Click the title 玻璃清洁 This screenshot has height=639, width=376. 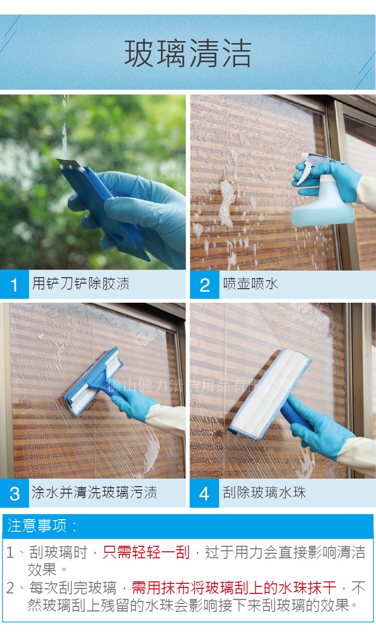pyautogui.click(x=188, y=55)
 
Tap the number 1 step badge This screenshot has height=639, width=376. pyautogui.click(x=14, y=285)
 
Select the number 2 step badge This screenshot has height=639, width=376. pyautogui.click(x=205, y=285)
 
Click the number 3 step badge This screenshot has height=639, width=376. pyautogui.click(x=14, y=493)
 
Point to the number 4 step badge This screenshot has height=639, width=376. pyautogui.click(x=205, y=493)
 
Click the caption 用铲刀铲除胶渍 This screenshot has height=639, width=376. pyautogui.click(x=81, y=284)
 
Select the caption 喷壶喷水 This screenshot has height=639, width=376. pyautogui.click(x=250, y=284)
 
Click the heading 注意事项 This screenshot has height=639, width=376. pyautogui.click(x=43, y=526)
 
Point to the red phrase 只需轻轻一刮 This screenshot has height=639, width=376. pyautogui.click(x=146, y=553)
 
